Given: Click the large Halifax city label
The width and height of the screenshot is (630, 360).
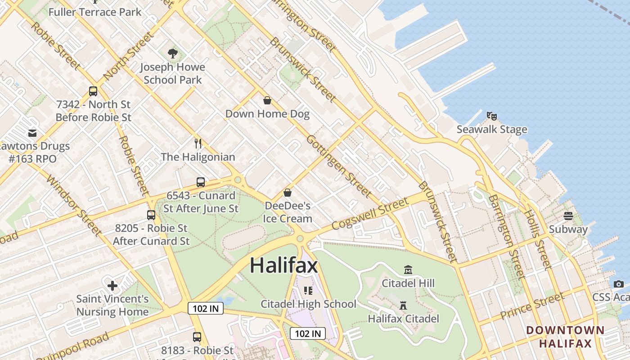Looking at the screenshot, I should [x=283, y=265].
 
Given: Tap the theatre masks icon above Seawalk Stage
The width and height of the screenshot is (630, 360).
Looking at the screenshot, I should [x=492, y=116].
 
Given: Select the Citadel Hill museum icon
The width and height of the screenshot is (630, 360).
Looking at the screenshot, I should [x=408, y=270].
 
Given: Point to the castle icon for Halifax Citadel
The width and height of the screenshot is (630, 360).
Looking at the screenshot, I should [x=403, y=306].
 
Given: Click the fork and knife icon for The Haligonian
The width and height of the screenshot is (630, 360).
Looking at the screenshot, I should [x=198, y=144].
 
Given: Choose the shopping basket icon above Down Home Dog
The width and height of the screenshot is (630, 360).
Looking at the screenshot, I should [x=267, y=100].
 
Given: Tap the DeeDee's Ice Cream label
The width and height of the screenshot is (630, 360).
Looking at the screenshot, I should [x=288, y=212].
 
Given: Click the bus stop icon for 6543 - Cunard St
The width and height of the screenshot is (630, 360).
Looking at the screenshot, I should [x=201, y=182].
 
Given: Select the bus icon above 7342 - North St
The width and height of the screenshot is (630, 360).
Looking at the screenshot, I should [x=93, y=91].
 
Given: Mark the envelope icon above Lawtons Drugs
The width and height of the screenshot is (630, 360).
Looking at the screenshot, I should [x=32, y=133].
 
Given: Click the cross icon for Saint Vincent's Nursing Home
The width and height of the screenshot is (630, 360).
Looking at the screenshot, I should [x=112, y=285].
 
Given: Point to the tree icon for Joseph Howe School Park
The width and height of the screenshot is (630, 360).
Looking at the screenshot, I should [x=172, y=54].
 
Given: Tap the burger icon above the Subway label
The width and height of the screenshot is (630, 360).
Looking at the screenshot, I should [x=568, y=216].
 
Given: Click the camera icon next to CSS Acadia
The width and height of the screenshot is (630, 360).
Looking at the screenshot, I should [x=619, y=284].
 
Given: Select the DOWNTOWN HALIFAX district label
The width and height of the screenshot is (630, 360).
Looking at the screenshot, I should [x=565, y=337].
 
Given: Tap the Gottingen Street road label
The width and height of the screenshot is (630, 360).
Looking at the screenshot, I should [x=339, y=166].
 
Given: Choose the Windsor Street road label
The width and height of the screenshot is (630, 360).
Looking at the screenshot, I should [x=74, y=205].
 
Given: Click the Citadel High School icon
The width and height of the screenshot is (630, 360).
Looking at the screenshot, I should [x=308, y=290].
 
